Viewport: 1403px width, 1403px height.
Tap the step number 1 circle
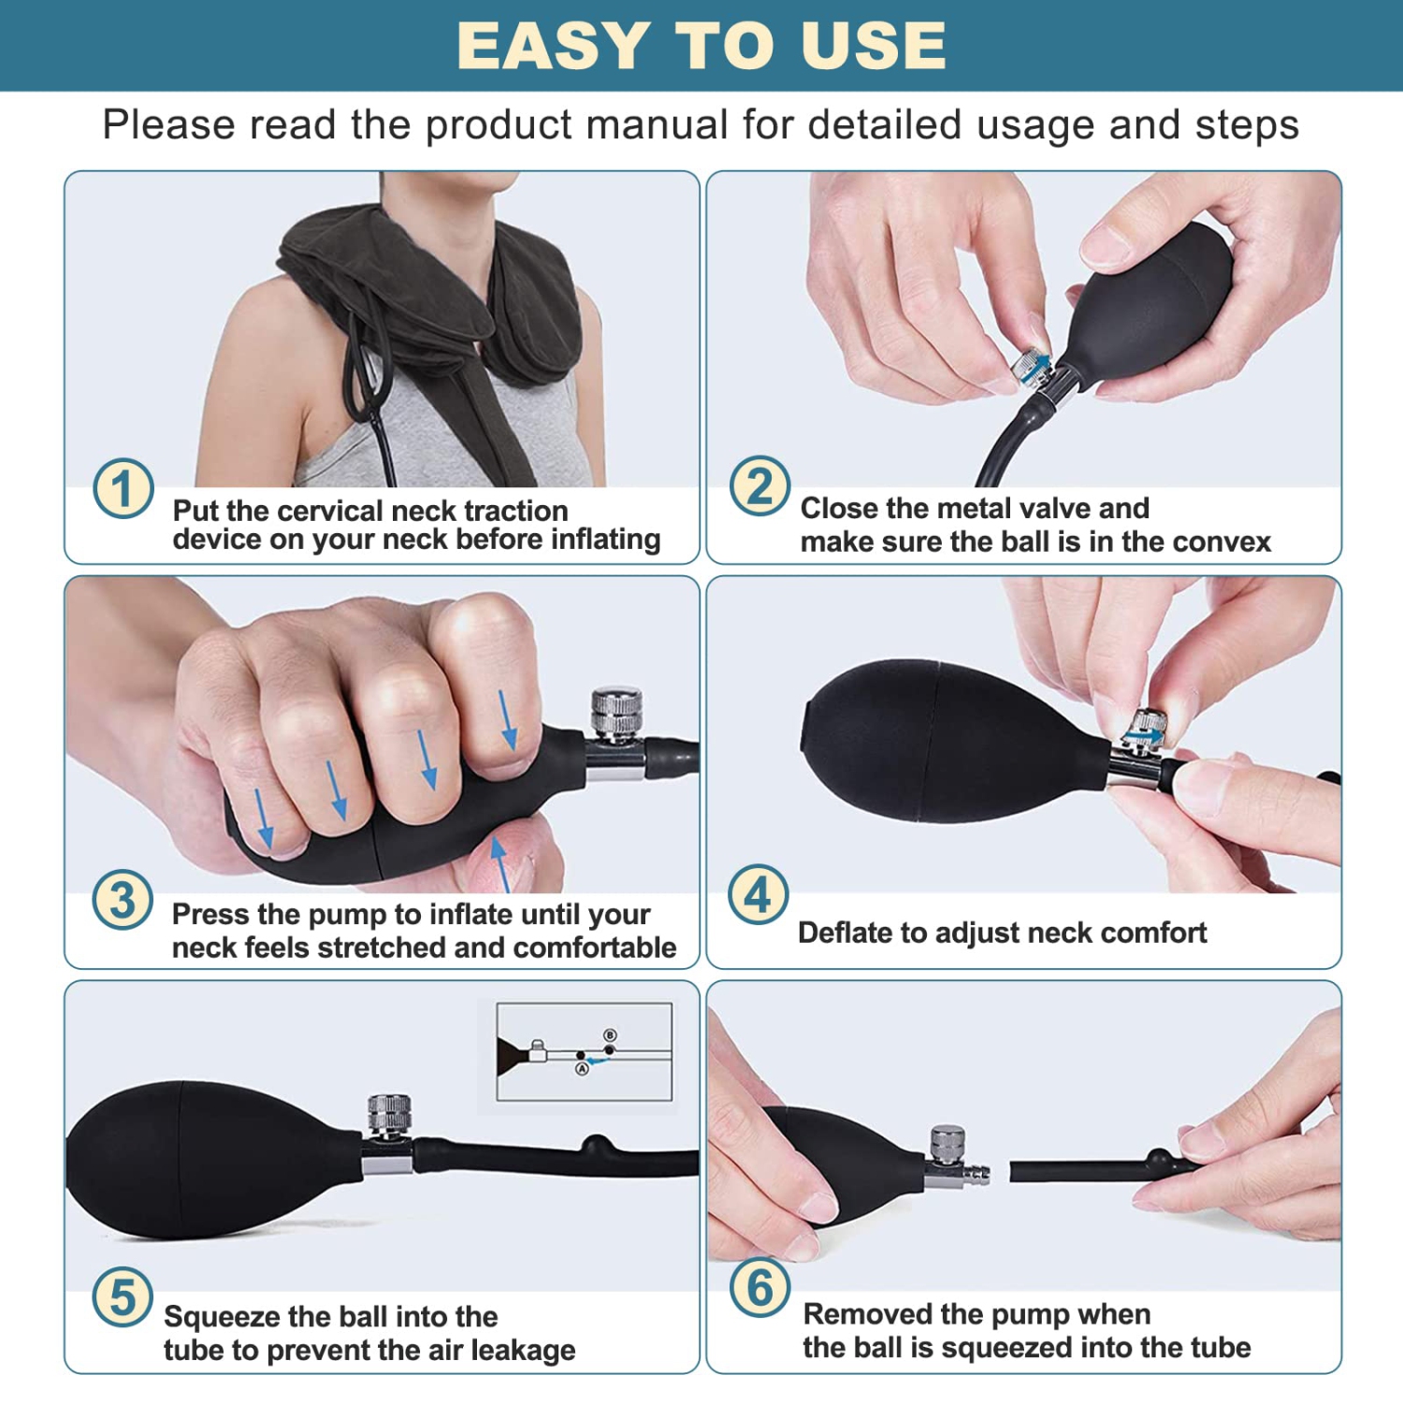[123, 488]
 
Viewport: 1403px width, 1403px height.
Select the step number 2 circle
[760, 486]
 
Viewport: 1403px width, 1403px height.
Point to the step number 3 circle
[123, 900]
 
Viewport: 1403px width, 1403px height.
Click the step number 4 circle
[759, 894]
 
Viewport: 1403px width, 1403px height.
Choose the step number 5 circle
[123, 1297]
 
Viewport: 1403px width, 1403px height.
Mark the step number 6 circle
[760, 1287]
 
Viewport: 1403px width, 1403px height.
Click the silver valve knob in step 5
[389, 1113]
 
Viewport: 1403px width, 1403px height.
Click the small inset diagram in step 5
[584, 1051]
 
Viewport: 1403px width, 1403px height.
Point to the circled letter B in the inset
[610, 1035]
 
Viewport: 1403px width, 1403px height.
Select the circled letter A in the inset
[582, 1068]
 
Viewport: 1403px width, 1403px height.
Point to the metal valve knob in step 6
[947, 1143]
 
